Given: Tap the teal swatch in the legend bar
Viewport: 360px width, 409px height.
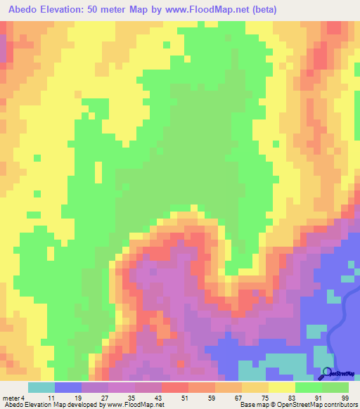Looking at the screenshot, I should (41, 388).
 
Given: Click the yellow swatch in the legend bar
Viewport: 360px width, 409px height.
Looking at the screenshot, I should (282, 388).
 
